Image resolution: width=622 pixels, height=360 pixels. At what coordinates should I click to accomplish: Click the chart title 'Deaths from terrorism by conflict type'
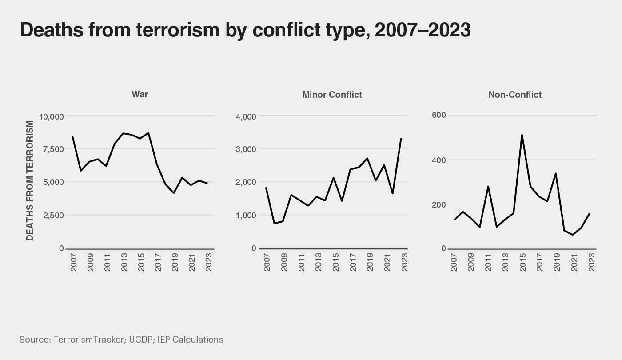pos(245,30)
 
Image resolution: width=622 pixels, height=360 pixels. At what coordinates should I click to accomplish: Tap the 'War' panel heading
pos(140,94)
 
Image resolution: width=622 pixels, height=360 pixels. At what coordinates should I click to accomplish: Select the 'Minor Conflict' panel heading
pos(332,95)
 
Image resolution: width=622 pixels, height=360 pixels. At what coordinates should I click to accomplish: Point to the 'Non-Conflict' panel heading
pos(514,95)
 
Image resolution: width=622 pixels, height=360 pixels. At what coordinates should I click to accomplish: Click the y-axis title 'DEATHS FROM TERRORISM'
pos(30,180)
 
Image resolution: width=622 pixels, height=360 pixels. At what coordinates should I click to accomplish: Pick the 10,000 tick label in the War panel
pos(52,116)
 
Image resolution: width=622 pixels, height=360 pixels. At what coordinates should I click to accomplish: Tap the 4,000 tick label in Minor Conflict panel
pos(246,116)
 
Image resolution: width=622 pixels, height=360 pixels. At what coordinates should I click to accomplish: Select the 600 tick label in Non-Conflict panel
pos(439,115)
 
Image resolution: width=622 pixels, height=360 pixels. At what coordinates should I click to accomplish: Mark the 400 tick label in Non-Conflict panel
pos(439,160)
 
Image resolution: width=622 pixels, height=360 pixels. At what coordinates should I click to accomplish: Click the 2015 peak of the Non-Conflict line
pos(522,135)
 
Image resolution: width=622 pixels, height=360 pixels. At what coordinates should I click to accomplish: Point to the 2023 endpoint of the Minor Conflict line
pos(401,138)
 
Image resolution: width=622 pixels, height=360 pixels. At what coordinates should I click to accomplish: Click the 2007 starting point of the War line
pos(72,136)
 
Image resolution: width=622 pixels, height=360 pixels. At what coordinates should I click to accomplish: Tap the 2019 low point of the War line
pos(174,193)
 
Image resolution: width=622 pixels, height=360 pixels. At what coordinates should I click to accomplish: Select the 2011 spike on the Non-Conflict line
pos(488,187)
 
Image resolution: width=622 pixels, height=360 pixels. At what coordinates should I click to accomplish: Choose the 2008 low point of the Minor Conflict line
pos(274,223)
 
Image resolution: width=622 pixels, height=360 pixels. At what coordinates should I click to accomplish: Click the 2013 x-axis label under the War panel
pos(124,262)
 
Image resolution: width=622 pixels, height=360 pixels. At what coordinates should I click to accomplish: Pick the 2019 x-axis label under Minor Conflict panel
pos(370,262)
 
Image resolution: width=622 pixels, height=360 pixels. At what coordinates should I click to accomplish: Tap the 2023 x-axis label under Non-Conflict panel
pos(591,262)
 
